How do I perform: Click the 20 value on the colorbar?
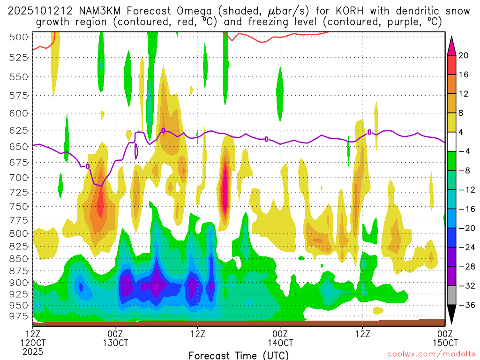coord(464,55)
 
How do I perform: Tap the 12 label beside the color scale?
coord(464,94)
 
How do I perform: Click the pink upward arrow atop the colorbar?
coord(451,45)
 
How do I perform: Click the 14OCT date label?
coord(280,343)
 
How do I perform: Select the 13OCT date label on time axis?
coord(115,343)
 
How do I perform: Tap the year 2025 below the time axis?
coord(33,351)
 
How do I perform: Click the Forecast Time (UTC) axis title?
coord(239,355)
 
